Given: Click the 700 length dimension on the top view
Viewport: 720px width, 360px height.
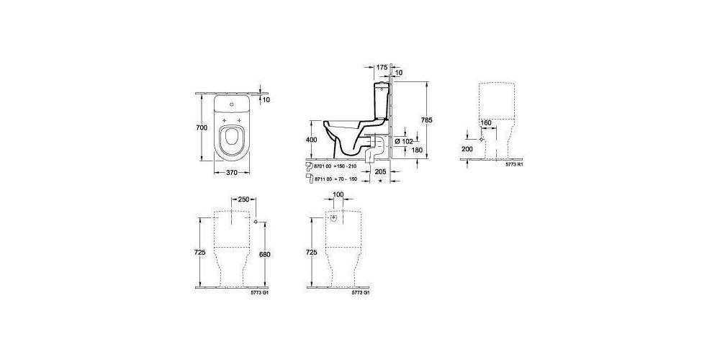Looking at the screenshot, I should (202, 127).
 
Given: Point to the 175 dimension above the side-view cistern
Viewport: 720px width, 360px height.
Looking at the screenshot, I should (382, 67).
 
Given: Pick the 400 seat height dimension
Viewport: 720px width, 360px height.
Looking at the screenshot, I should (311, 139).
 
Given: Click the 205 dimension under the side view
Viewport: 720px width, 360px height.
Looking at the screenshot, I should (382, 172).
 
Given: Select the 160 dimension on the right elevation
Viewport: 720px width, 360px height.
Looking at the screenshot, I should (485, 123).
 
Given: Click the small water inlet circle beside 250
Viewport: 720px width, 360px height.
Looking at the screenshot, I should (256, 222).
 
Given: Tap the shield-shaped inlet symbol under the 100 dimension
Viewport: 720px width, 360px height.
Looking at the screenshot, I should (334, 217).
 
